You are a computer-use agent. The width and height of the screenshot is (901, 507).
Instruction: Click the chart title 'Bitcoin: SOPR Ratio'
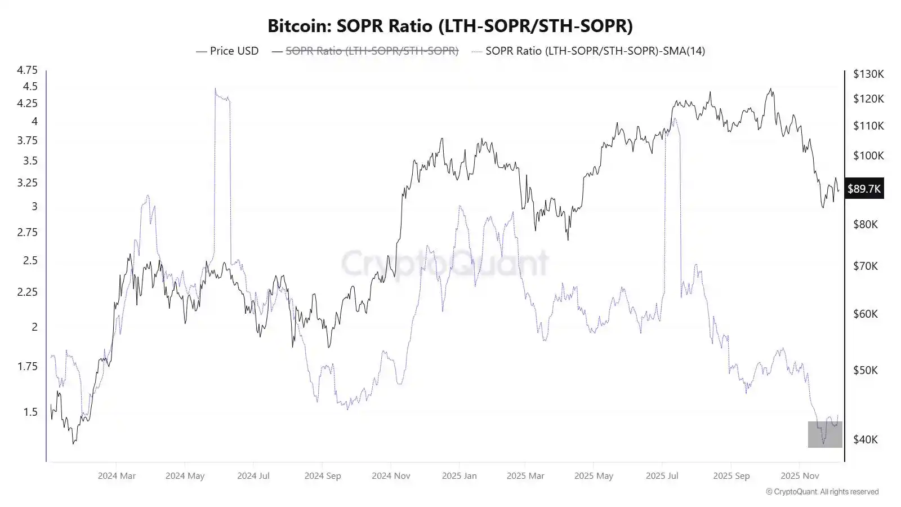(x=450, y=26)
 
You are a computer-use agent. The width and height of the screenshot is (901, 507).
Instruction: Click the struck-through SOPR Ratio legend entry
(x=372, y=51)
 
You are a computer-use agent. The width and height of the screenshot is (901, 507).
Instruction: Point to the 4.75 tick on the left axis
(x=27, y=70)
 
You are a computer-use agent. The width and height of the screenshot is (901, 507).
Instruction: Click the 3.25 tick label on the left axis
(x=27, y=183)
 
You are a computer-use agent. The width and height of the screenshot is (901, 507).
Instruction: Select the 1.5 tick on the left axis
(x=30, y=412)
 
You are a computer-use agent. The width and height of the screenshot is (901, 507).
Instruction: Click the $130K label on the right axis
(x=868, y=74)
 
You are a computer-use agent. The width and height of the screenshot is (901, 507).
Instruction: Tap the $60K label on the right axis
(x=866, y=314)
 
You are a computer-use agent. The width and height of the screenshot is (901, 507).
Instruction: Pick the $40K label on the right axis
(x=866, y=439)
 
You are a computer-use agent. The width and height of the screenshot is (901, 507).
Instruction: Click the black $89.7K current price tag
(x=864, y=189)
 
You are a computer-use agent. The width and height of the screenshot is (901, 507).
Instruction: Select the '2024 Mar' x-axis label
(x=117, y=475)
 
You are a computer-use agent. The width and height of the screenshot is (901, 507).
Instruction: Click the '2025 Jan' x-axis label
(x=459, y=475)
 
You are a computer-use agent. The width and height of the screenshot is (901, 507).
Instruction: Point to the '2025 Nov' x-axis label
(x=799, y=475)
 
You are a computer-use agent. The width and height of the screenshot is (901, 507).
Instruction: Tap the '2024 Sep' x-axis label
(x=323, y=475)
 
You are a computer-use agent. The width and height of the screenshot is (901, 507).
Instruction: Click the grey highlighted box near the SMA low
(x=825, y=434)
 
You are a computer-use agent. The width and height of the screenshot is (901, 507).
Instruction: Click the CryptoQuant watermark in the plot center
(x=445, y=263)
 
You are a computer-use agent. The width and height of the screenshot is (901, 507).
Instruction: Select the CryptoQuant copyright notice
(x=822, y=492)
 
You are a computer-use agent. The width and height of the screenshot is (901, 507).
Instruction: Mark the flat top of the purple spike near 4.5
(x=222, y=98)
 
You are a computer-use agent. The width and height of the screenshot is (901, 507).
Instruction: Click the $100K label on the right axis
(x=868, y=155)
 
